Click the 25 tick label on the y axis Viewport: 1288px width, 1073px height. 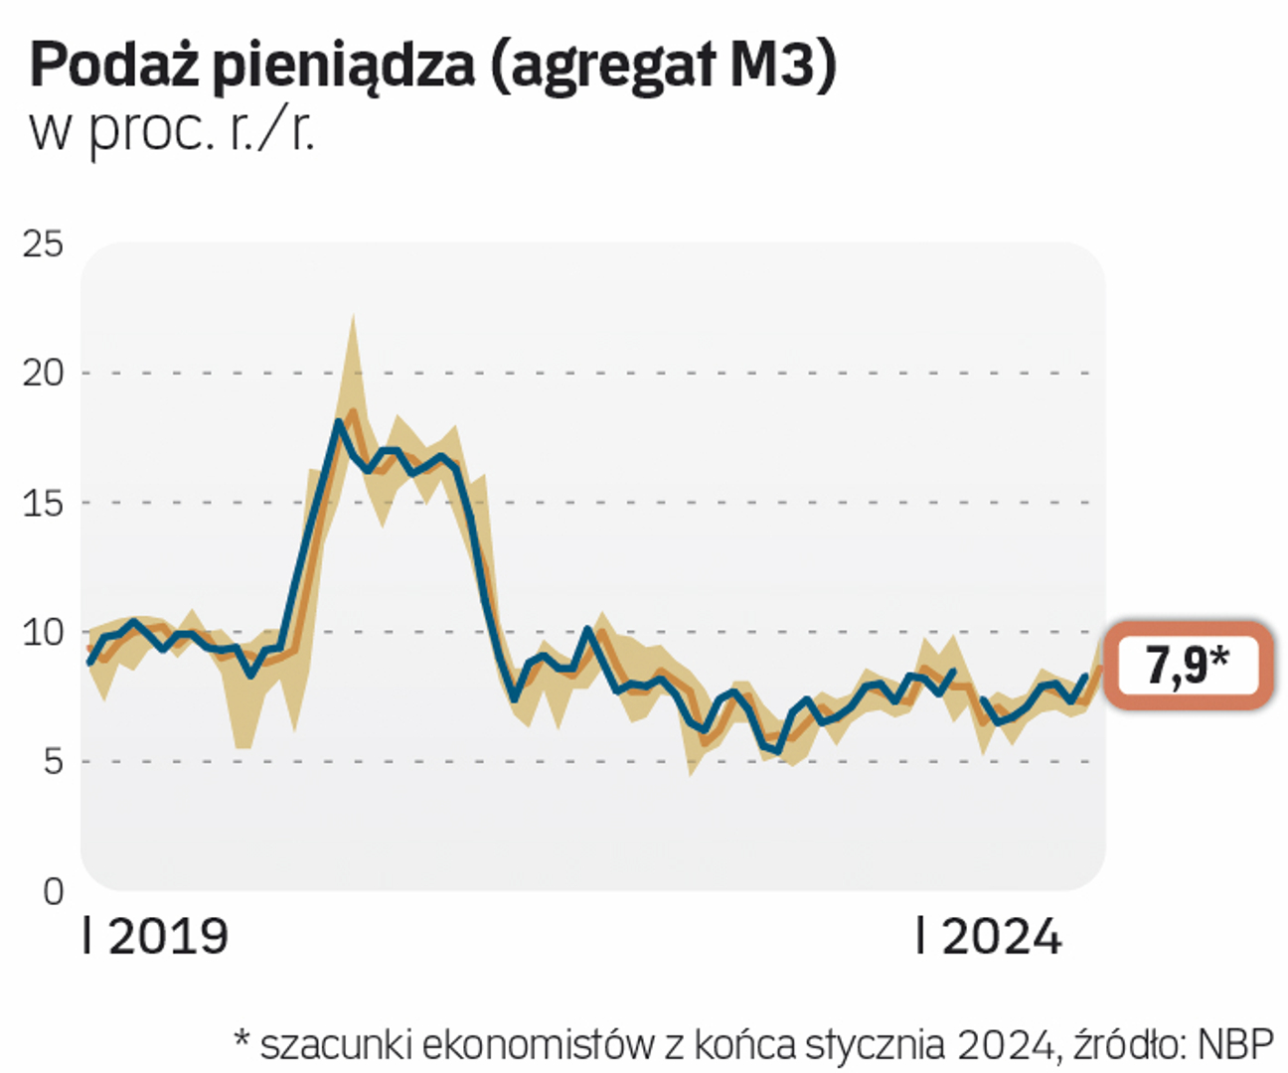(x=43, y=244)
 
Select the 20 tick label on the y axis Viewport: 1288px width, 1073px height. (x=43, y=374)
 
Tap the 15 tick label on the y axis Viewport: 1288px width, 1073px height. (x=43, y=503)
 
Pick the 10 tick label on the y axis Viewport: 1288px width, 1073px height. (x=43, y=632)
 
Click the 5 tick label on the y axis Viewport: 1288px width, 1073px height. (x=52, y=762)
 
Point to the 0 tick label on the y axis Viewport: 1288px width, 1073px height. (x=53, y=891)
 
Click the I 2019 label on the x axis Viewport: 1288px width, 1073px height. (x=156, y=937)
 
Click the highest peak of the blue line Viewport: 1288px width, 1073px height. (x=338, y=422)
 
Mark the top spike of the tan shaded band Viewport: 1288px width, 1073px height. (x=353, y=318)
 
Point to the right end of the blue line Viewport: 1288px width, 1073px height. (x=1085, y=677)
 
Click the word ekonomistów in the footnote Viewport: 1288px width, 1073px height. (x=538, y=1045)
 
